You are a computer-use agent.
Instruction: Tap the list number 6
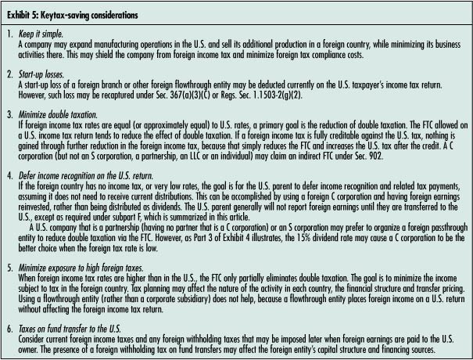(10, 327)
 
